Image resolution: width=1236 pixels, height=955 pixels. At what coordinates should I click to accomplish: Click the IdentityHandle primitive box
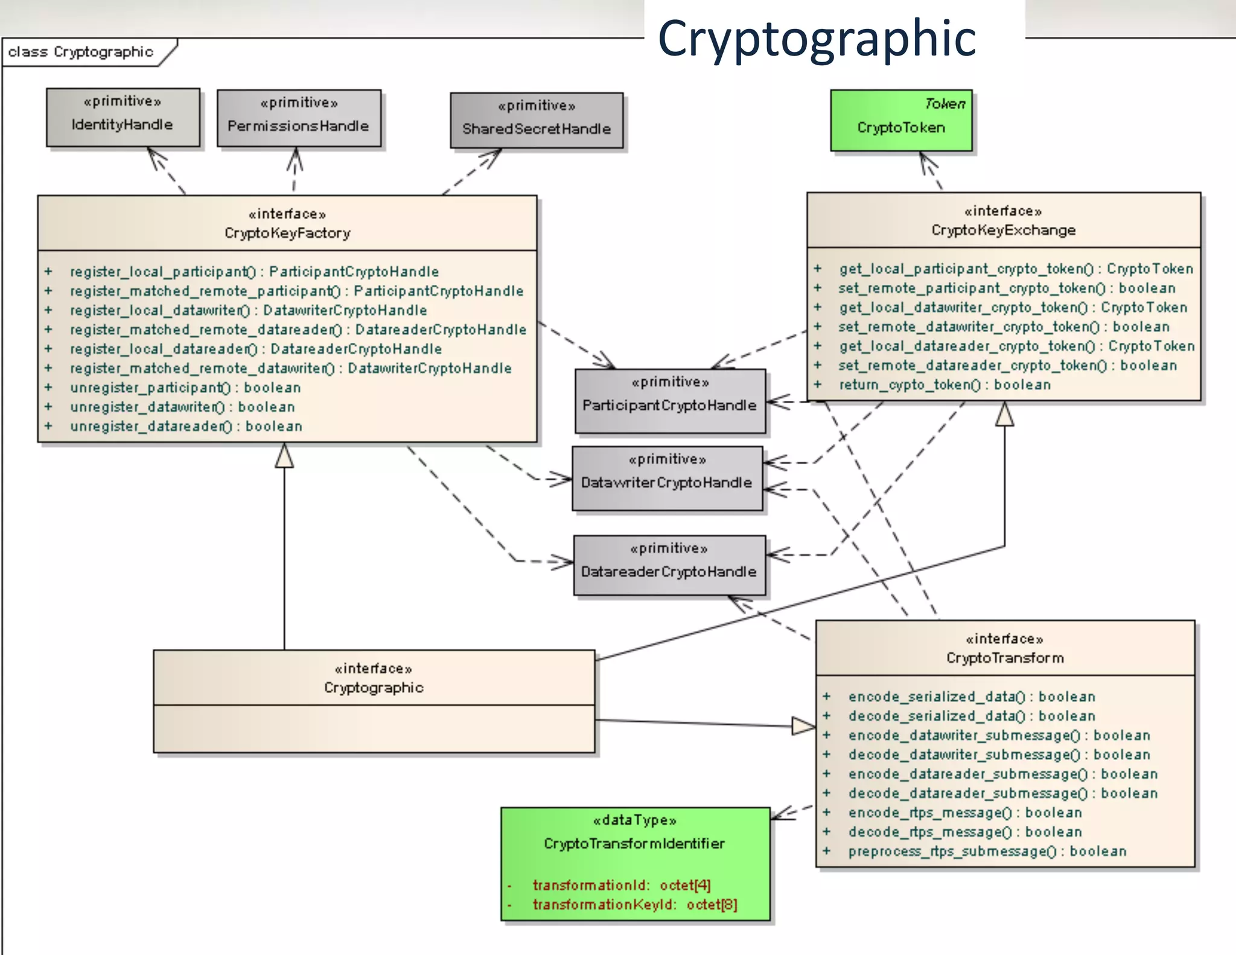tap(123, 117)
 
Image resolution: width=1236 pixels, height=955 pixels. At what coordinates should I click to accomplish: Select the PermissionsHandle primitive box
tap(299, 118)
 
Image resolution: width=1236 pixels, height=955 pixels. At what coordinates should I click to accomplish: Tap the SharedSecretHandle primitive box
tap(536, 120)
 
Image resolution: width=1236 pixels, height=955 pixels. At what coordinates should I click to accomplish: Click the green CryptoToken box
tap(900, 121)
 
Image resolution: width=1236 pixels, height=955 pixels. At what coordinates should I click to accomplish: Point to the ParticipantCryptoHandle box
tap(669, 401)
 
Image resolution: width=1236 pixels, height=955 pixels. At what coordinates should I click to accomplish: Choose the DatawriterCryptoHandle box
tap(667, 479)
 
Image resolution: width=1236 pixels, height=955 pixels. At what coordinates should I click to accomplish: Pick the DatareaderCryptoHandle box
tap(669, 566)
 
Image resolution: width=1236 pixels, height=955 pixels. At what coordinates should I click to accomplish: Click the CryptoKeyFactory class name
tap(287, 233)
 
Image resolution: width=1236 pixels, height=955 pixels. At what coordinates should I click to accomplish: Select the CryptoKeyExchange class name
tap(1003, 230)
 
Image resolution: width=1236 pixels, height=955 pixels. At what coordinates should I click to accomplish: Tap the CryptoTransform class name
tap(1005, 658)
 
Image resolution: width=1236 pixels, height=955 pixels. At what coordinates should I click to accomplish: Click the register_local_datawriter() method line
tap(248, 310)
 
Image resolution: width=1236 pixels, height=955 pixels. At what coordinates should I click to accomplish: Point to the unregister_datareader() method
tap(186, 426)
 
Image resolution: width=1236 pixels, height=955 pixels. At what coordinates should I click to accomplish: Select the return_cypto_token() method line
tap(945, 385)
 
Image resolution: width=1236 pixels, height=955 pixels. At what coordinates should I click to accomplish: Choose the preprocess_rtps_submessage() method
tap(987, 851)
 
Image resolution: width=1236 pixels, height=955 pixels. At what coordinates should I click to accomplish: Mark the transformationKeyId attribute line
tap(634, 904)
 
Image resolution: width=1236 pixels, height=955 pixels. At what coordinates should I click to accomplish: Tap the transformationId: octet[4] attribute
tap(621, 885)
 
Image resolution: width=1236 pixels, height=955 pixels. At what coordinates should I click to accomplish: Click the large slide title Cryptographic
tap(817, 37)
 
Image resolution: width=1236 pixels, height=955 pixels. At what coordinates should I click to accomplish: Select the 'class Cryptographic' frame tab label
tap(80, 52)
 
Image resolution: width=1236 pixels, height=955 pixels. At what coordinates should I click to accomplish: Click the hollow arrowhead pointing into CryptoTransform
tap(803, 726)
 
